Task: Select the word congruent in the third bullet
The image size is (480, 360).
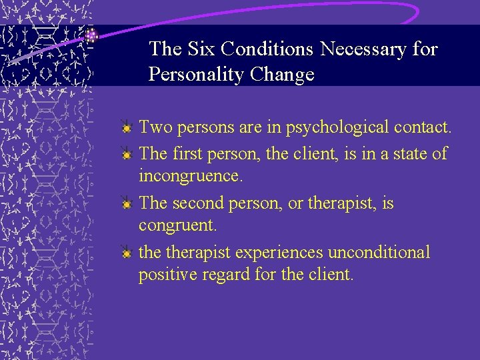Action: (x=177, y=226)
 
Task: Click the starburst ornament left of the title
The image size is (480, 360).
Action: (x=92, y=36)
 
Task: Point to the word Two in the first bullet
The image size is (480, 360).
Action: (x=153, y=127)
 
